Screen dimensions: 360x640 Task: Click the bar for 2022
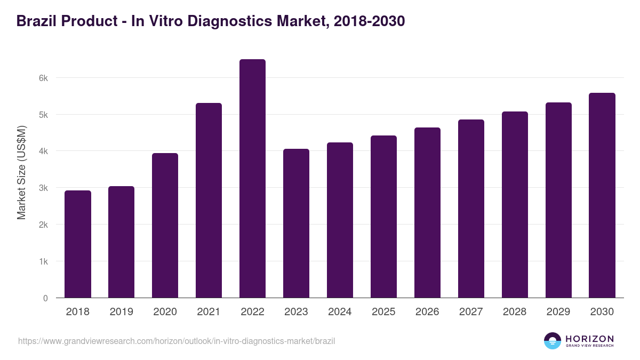252,179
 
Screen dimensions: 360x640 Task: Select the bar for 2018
78,244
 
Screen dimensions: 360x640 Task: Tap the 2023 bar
296,223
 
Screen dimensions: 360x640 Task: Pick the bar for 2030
602,195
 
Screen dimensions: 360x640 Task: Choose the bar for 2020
165,226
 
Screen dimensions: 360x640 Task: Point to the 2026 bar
427,213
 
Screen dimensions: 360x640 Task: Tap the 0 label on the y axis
45,299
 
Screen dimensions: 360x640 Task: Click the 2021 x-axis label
209,312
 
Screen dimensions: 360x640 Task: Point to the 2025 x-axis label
383,312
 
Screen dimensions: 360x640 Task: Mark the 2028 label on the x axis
515,312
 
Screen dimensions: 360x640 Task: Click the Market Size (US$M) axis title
21,172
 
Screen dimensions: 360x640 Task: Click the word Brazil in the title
37,21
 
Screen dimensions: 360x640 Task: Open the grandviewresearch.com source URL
177,341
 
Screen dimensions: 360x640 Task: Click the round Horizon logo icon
553,341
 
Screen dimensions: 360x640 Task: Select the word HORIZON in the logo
589,339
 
